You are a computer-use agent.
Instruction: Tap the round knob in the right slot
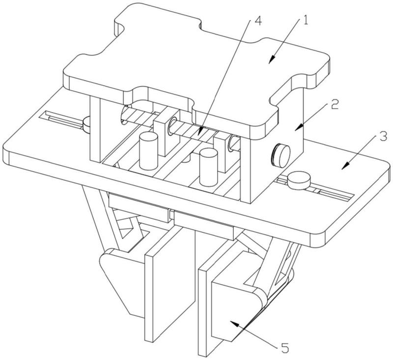(x=298, y=180)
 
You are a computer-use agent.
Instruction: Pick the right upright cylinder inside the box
(x=208, y=167)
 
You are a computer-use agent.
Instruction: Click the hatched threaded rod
(x=196, y=131)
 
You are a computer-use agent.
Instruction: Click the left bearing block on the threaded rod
(x=169, y=129)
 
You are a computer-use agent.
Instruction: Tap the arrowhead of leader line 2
(x=295, y=129)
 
